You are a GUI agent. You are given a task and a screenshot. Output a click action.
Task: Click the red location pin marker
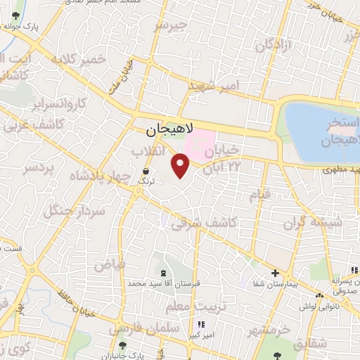(x=181, y=166)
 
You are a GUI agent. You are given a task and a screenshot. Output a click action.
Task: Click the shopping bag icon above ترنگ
(x=146, y=171)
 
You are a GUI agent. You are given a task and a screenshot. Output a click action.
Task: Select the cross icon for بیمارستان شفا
(x=275, y=273)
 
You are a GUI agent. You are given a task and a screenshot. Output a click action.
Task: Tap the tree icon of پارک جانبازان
(x=124, y=345)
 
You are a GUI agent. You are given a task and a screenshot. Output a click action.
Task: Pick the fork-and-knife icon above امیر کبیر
(x=202, y=324)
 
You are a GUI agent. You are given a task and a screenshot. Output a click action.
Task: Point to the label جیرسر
(x=172, y=25)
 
